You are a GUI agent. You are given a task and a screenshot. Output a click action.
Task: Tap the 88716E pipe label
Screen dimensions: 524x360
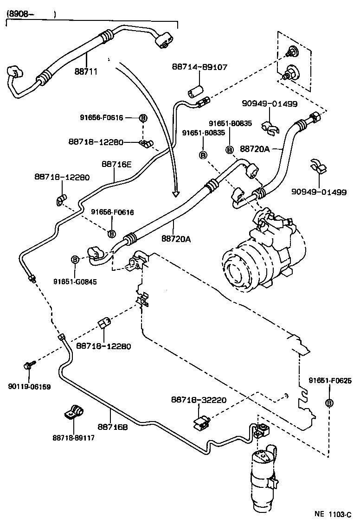(116, 164)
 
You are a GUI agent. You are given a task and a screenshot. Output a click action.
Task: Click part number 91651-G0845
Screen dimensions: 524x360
(75, 281)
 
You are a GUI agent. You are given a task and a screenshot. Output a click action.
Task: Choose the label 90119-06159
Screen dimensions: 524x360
(29, 387)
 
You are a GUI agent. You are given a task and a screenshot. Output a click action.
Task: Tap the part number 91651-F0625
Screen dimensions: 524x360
(330, 381)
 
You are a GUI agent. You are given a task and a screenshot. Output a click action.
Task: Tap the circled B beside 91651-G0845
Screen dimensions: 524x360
(75, 260)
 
